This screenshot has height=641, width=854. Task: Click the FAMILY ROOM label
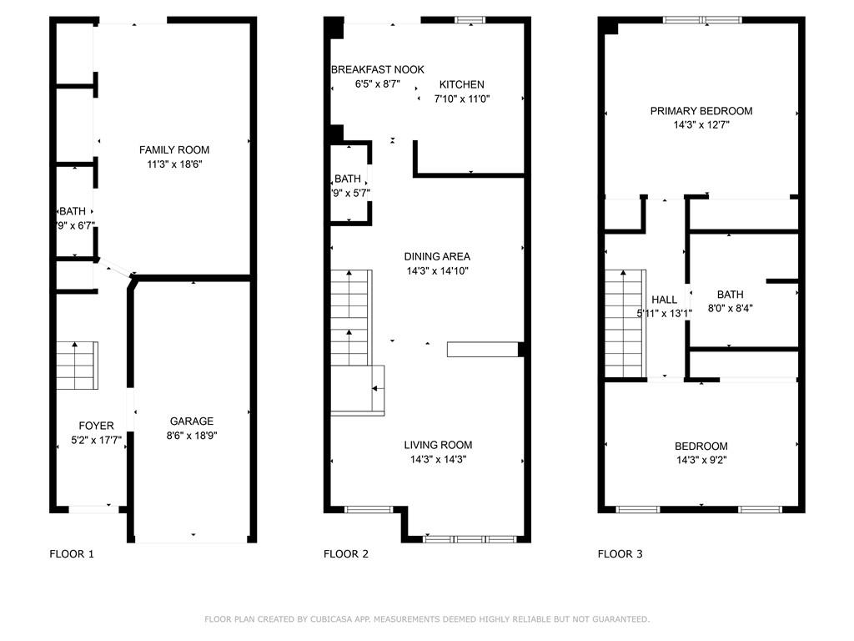point(174,150)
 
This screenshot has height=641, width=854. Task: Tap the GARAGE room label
point(192,421)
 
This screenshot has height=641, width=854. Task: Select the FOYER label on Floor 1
point(97,426)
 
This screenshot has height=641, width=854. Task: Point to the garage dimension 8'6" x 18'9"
point(192,436)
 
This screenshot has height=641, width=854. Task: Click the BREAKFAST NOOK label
point(378,70)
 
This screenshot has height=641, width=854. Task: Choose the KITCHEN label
point(462,84)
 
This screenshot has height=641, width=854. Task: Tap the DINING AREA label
point(437,256)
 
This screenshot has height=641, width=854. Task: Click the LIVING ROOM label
point(438,445)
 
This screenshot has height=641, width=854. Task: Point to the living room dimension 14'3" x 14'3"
point(438,460)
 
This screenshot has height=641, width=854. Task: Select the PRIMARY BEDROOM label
point(701,111)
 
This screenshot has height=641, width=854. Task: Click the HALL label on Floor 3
point(665,300)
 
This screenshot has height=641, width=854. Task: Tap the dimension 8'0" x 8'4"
point(731,309)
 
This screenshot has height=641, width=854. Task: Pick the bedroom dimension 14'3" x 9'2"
point(701,460)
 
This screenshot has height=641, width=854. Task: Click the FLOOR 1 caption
point(72,554)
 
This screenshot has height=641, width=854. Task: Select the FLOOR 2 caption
point(346,554)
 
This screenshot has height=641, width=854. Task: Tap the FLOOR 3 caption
point(620,554)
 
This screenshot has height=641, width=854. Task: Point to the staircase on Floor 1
point(78,366)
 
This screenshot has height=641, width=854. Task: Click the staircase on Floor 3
point(625,323)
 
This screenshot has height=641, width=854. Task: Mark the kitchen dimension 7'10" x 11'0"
point(462,99)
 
